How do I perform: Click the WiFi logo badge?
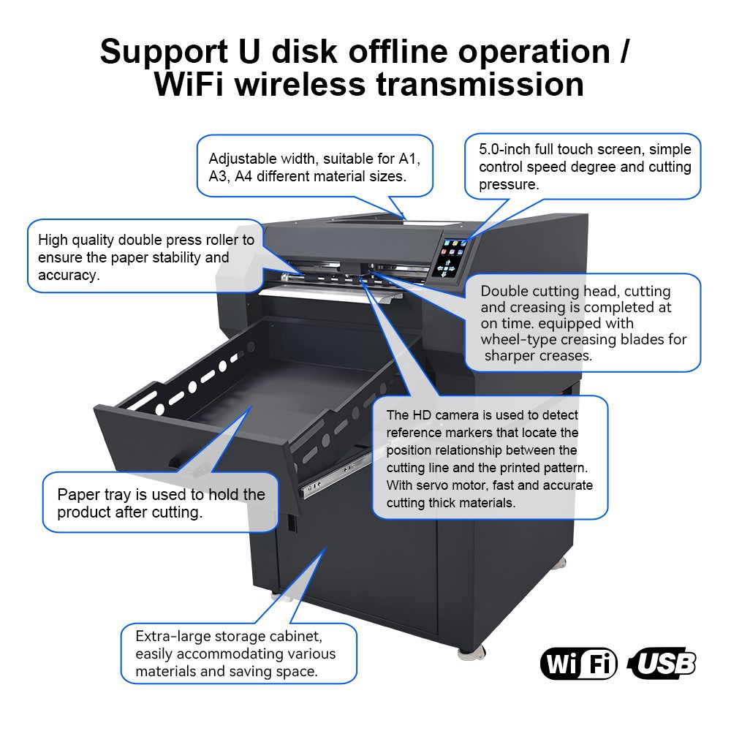[x=578, y=663]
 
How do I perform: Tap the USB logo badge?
[x=662, y=663]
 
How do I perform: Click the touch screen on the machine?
[x=448, y=258]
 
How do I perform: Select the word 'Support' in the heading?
[x=164, y=52]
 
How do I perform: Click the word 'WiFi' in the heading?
[x=190, y=84]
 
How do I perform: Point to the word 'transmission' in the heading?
[x=480, y=84]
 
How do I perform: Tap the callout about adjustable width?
[x=314, y=166]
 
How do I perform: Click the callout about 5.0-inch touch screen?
[x=583, y=167]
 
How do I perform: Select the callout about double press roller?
[x=145, y=257]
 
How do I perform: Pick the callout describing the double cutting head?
[x=583, y=322]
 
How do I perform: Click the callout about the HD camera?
[x=490, y=458]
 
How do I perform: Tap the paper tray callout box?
[x=160, y=502]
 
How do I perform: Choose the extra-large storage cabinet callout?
[x=239, y=653]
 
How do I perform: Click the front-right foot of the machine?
[x=471, y=652]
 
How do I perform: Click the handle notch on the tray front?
[x=175, y=462]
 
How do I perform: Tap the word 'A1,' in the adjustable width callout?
[x=409, y=159]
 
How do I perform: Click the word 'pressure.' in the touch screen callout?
[x=509, y=185]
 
